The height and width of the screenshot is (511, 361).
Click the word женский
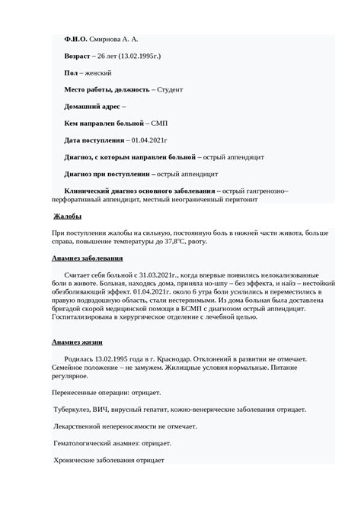point(98,72)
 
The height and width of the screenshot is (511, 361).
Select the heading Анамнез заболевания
point(87,259)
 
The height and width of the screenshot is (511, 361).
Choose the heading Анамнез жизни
point(77,342)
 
